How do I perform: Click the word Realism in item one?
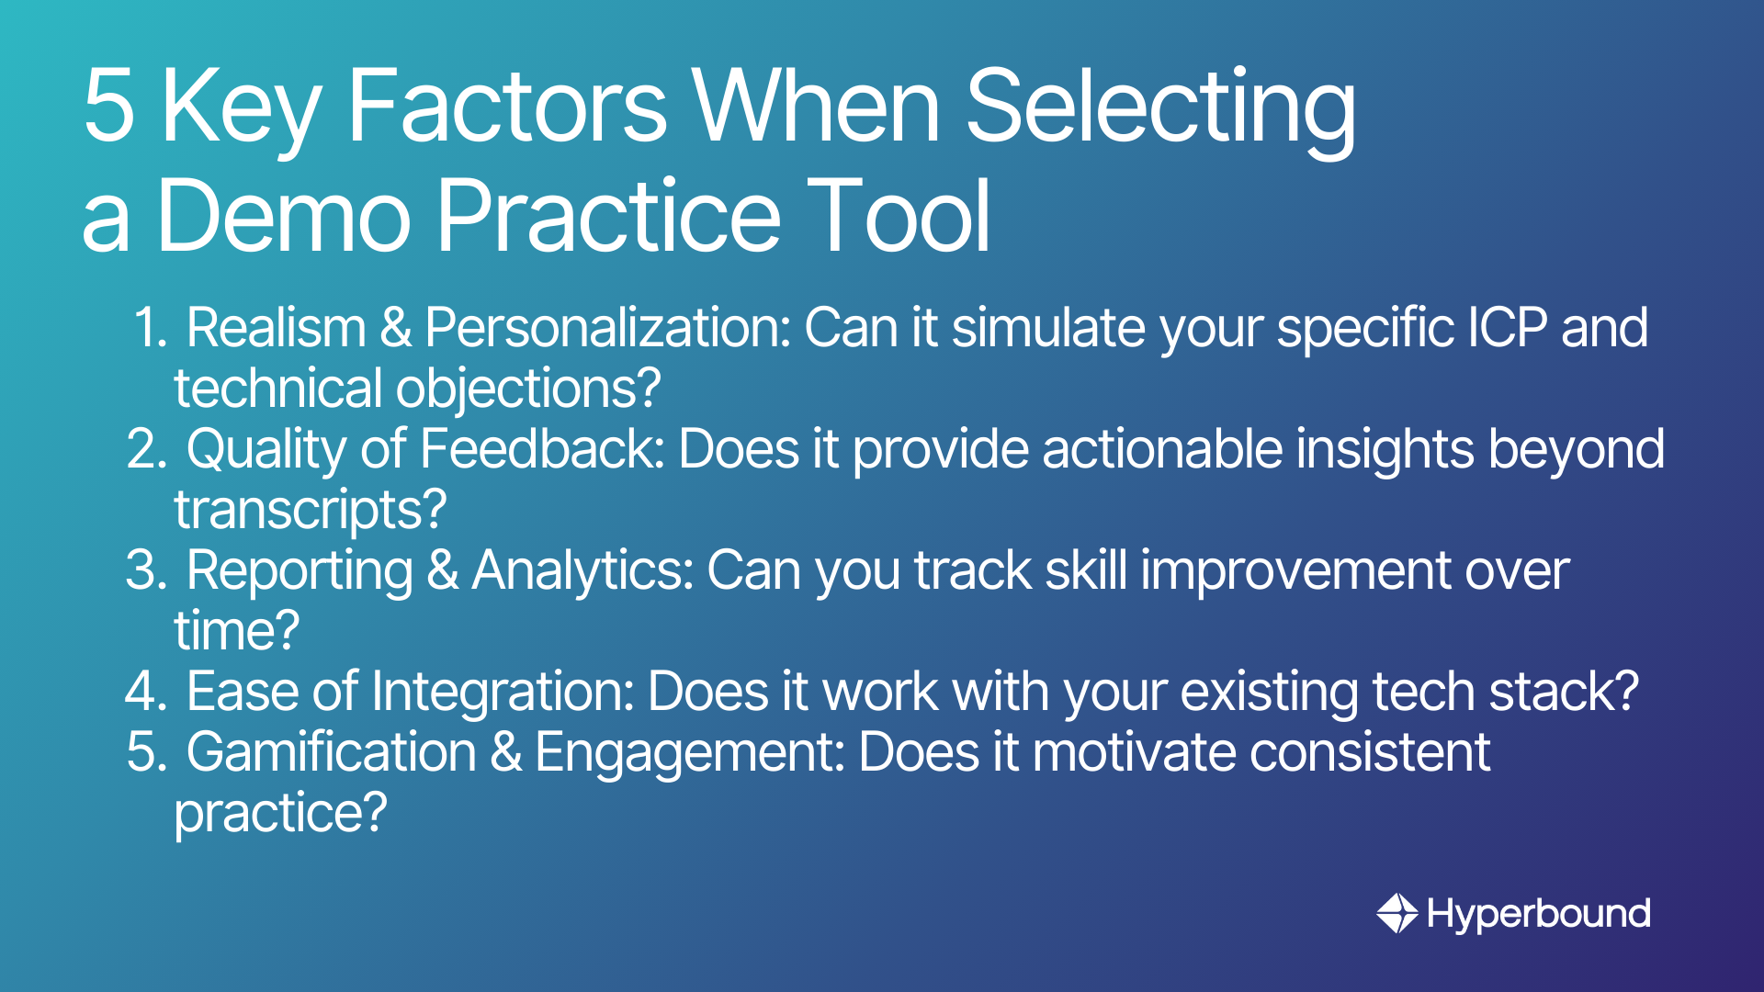coord(277,328)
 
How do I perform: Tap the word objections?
coord(528,389)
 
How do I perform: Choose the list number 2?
coord(147,449)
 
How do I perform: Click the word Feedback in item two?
coord(542,449)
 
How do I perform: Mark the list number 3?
coord(147,570)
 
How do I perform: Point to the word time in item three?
coord(220,631)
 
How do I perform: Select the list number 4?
coord(147,692)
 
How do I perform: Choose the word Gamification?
coord(332,752)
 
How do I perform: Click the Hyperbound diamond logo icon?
coord(1397,913)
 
